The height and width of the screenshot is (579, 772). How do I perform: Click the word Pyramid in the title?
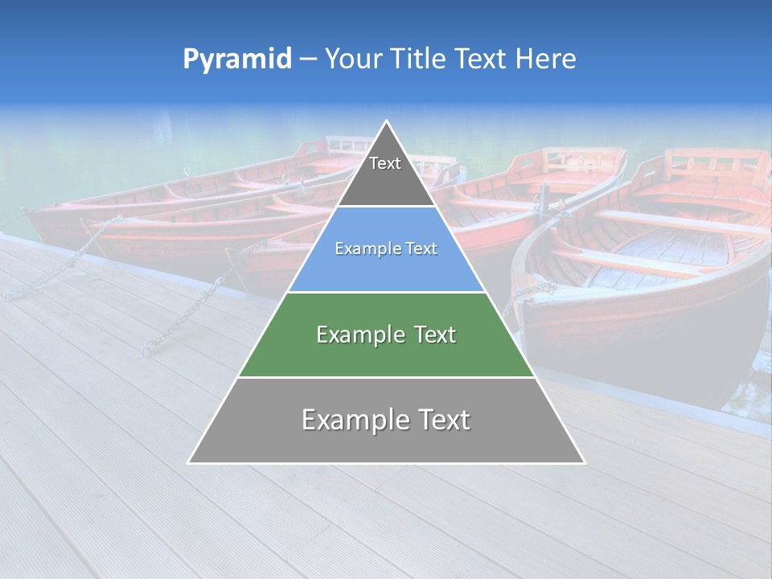coord(237,60)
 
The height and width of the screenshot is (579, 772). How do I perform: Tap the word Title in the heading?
coord(417,60)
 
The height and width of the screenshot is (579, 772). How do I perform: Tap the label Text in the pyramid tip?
coord(385,163)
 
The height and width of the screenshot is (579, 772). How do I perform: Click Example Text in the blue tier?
coord(386,248)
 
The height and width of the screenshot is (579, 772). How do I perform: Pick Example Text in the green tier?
coord(386,335)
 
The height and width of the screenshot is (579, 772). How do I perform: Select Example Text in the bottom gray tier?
coord(386,420)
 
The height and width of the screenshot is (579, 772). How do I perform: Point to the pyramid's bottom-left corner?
coord(188,462)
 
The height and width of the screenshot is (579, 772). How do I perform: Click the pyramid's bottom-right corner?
coord(585,462)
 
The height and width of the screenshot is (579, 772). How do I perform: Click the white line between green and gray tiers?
coord(387,377)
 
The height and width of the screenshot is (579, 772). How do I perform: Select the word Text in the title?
coord(480,60)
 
